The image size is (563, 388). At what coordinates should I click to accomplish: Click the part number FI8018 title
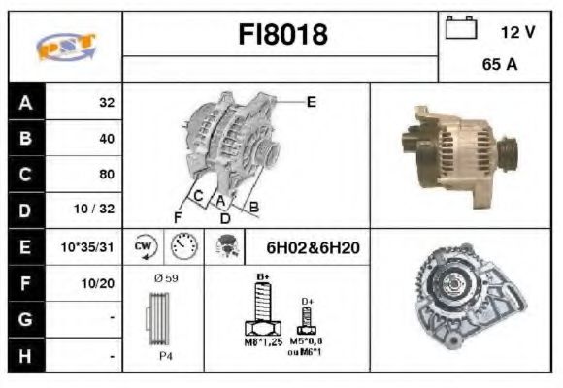coord(282,35)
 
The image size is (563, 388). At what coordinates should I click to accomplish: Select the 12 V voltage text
coord(517,31)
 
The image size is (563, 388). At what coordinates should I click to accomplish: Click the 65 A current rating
coord(498,66)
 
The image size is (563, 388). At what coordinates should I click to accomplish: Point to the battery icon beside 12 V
coord(459,29)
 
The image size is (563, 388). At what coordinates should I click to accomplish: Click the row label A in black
coord(26,102)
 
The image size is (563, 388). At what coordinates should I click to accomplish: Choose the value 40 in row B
coord(106,138)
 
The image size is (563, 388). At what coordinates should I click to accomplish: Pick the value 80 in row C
coord(106,175)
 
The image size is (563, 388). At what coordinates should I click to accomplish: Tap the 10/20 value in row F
coord(100,284)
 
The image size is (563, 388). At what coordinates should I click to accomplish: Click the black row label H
coord(26,356)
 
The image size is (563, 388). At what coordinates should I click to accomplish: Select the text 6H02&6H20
coord(313,248)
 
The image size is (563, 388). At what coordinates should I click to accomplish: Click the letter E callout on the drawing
coord(311,100)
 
